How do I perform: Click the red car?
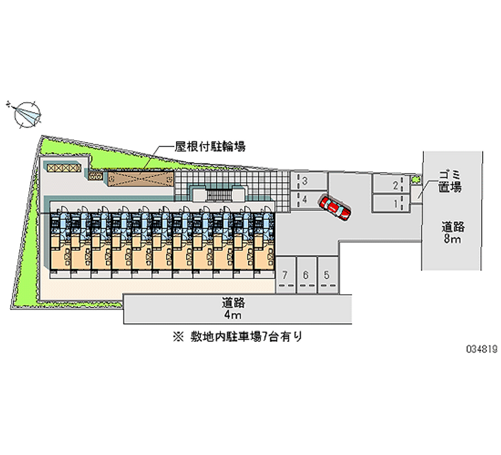(x=335, y=208)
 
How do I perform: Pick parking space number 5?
(x=327, y=275)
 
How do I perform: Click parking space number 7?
(x=286, y=275)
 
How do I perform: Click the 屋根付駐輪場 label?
(x=210, y=147)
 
